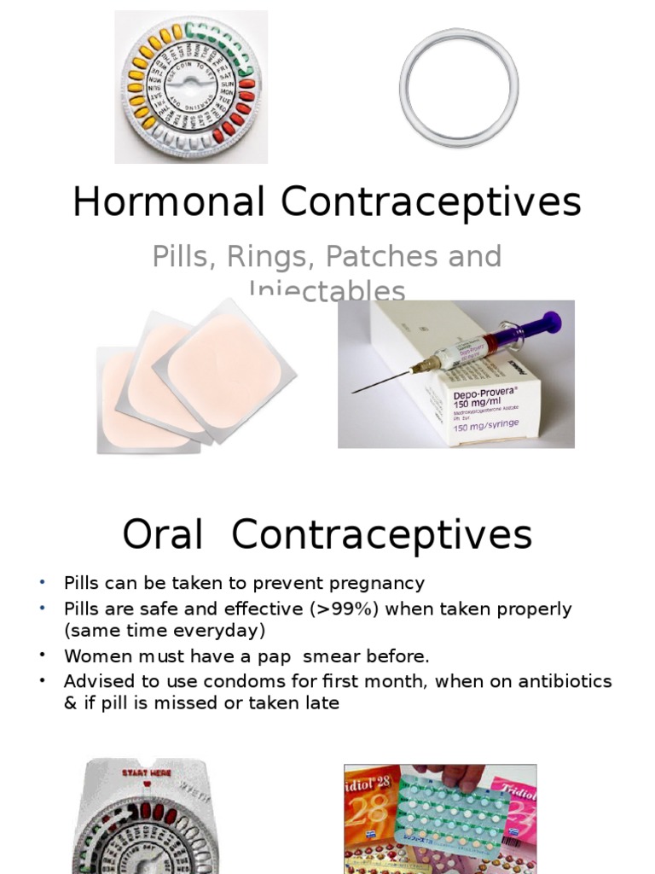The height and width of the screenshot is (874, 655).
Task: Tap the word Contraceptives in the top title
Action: click(x=431, y=203)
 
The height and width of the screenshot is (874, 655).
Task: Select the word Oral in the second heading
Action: click(x=162, y=535)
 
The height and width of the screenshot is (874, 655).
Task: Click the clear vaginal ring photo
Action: click(x=459, y=88)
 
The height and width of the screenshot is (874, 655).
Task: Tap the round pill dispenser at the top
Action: click(x=191, y=87)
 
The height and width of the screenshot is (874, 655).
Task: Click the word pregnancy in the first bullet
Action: click(x=378, y=584)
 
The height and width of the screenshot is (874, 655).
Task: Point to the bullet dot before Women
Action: click(x=40, y=655)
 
